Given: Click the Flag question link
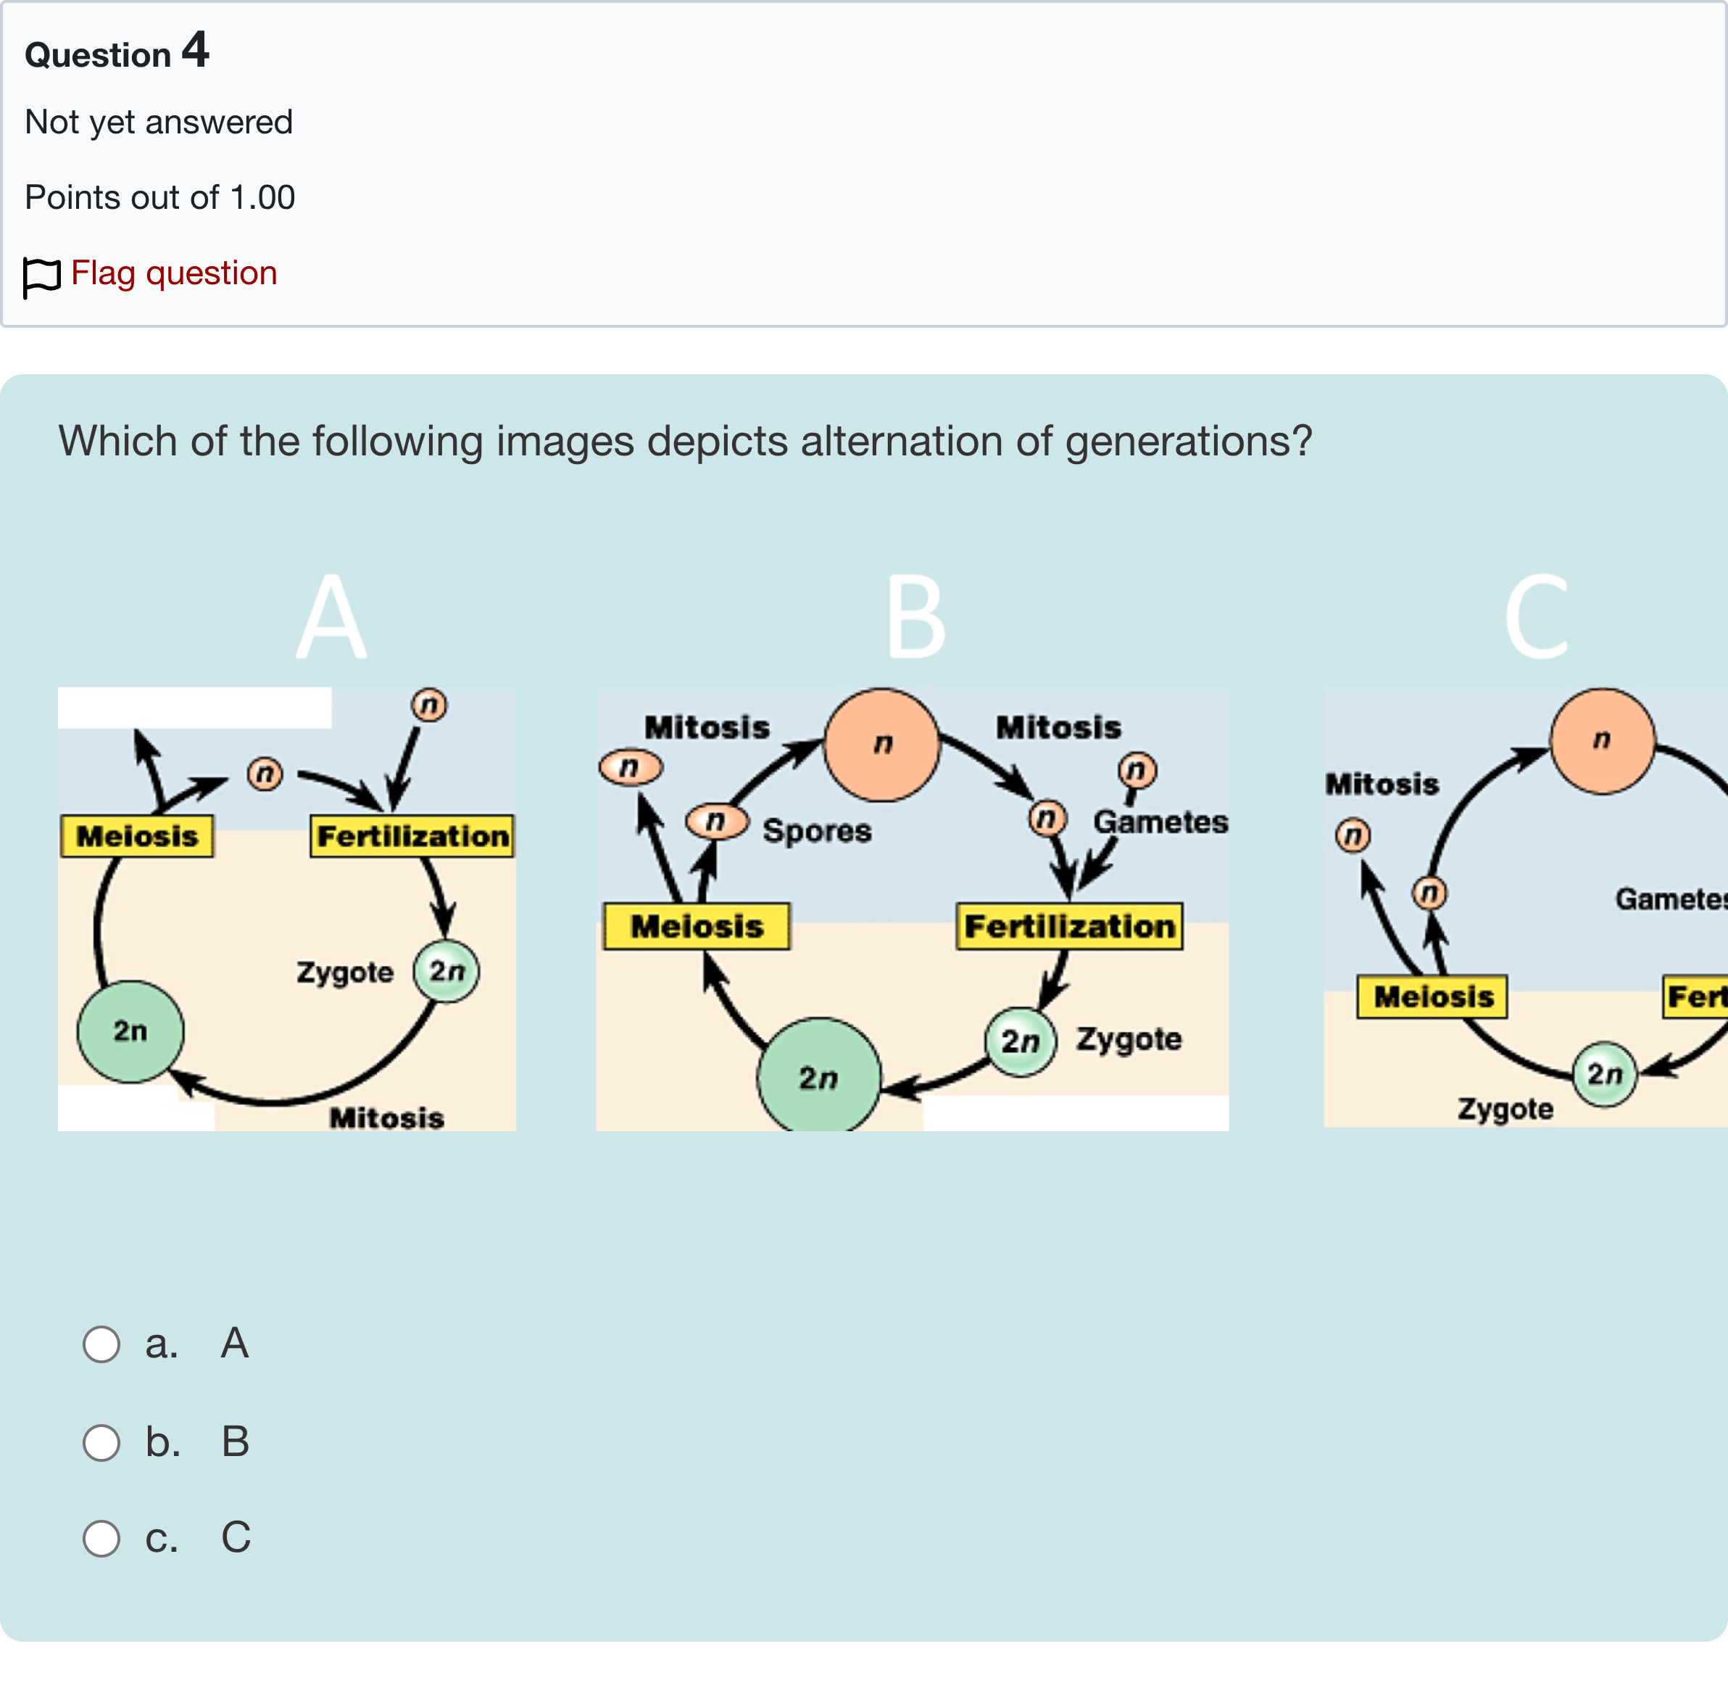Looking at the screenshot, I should [173, 273].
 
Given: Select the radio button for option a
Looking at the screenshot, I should [101, 1344].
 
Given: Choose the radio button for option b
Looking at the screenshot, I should [101, 1442].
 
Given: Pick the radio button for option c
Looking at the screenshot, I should [101, 1538].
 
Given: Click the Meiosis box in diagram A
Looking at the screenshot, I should [137, 836].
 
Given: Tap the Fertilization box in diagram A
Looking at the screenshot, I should [412, 836].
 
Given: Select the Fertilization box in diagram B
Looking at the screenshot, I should [1069, 926].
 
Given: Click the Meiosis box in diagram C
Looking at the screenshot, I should [1432, 996].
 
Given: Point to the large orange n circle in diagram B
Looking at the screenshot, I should [882, 744].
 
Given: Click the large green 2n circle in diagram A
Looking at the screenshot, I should [130, 1031].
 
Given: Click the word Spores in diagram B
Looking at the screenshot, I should [817, 830].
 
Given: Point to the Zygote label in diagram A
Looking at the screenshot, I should [344, 972].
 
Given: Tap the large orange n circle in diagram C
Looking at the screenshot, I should [1602, 740].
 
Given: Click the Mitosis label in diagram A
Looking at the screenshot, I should [386, 1117].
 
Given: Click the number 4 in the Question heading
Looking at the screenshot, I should [196, 50].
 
